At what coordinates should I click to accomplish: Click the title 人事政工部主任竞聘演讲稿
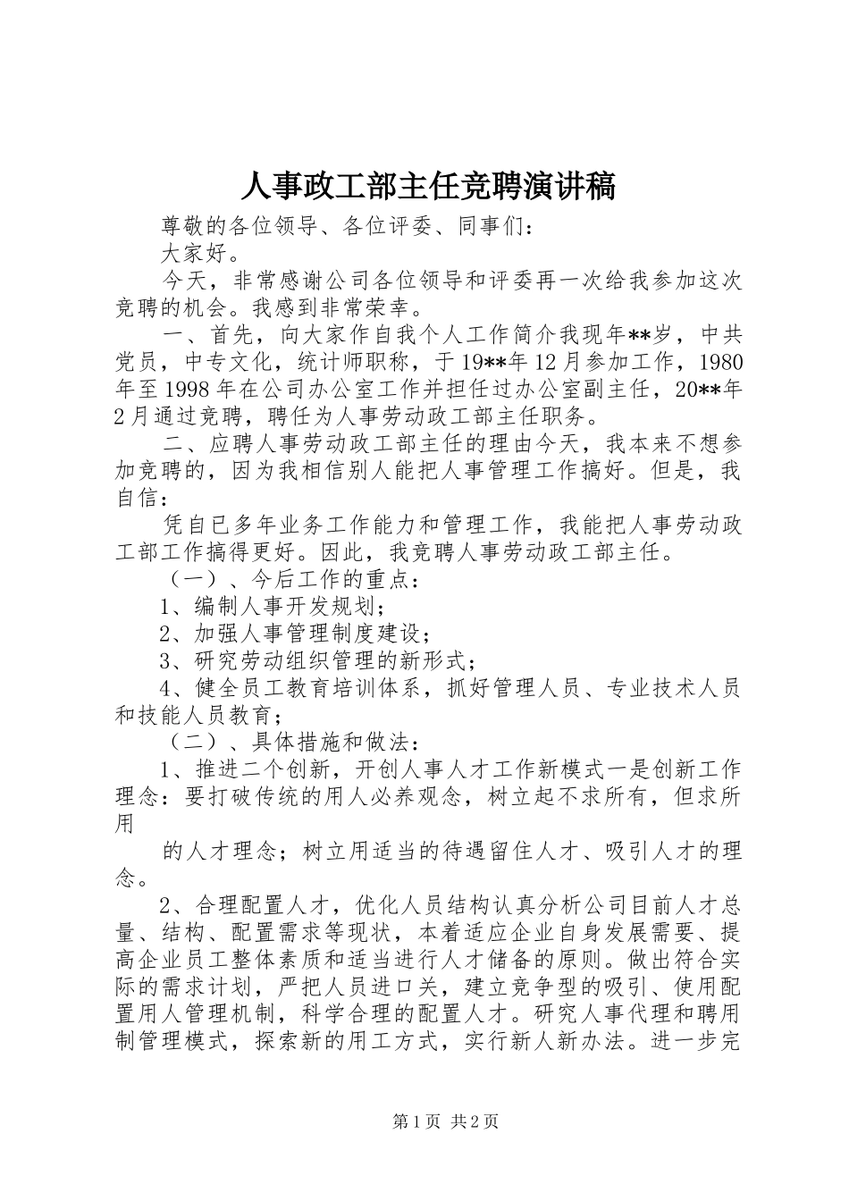pyautogui.click(x=428, y=187)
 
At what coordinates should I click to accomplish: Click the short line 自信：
pyautogui.click(x=141, y=499)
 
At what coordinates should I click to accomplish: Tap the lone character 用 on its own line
pyautogui.click(x=126, y=823)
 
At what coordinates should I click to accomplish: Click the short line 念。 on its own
pyautogui.click(x=132, y=878)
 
